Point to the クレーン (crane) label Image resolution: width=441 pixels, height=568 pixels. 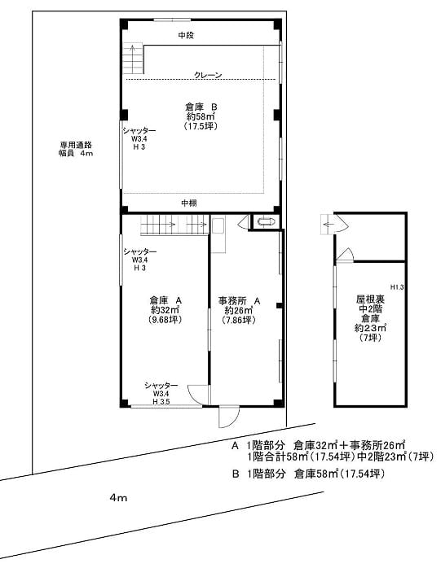click(208, 75)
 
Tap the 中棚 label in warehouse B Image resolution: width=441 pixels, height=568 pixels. click(188, 202)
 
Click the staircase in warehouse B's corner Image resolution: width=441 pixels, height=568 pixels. click(132, 59)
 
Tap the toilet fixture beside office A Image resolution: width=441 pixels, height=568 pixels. click(265, 221)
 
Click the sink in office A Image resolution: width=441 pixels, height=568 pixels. click(218, 225)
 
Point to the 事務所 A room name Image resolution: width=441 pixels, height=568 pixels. click(240, 299)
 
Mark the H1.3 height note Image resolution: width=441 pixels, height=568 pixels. click(397, 287)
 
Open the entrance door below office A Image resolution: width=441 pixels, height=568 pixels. click(226, 417)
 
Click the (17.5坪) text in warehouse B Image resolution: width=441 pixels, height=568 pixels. click(199, 127)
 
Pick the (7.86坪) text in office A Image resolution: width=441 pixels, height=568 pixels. click(240, 320)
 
